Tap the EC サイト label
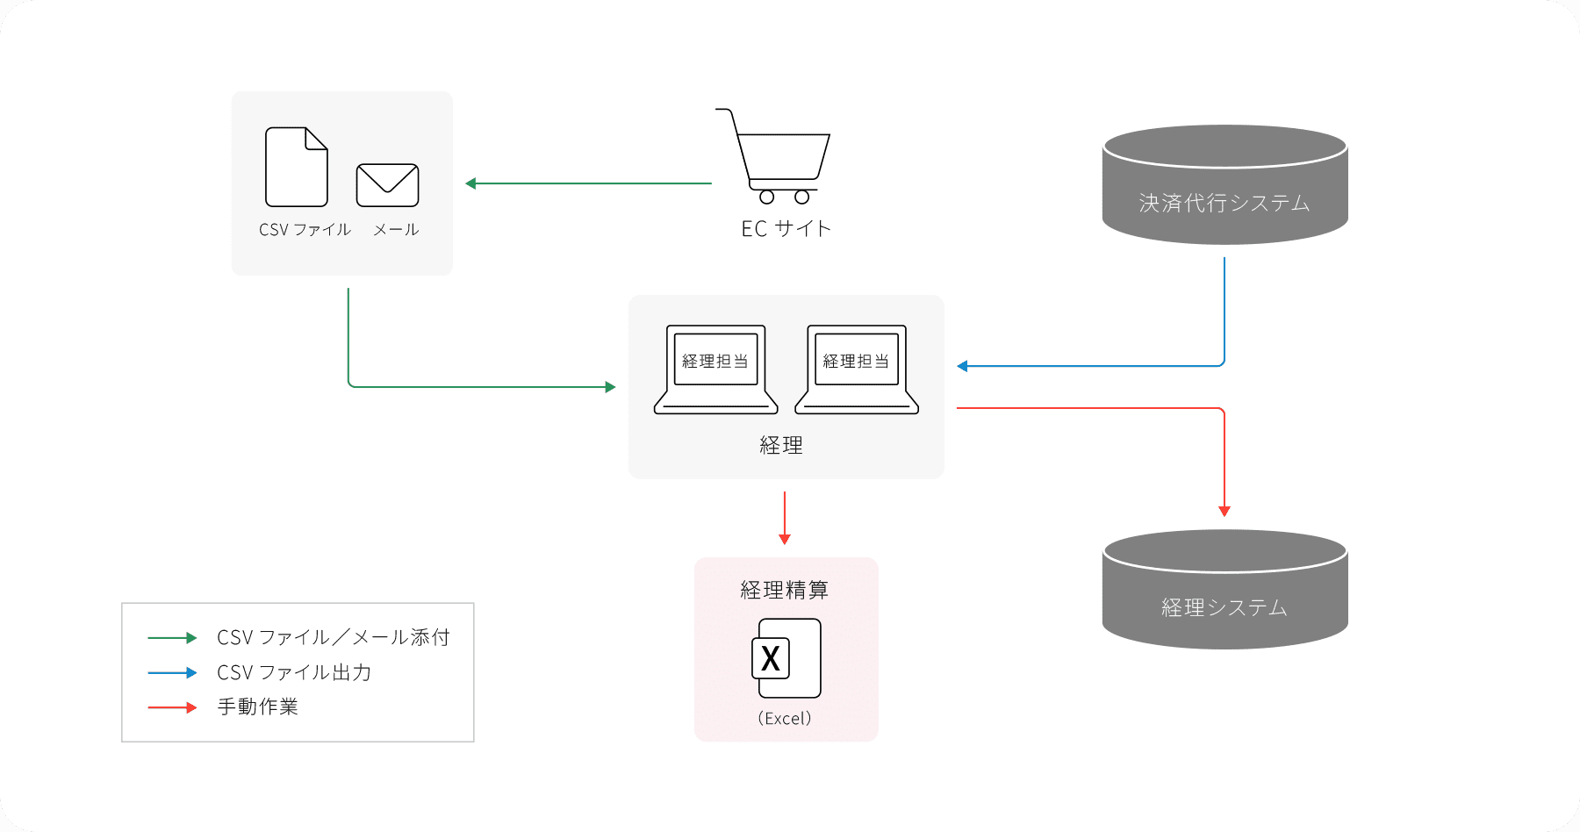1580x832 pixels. tap(786, 229)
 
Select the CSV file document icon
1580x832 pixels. tap(297, 167)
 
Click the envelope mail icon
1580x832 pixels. tap(387, 185)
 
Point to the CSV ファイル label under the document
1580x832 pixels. tap(305, 230)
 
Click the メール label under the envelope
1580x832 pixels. tap(396, 230)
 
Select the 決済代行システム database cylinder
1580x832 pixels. tap(1224, 185)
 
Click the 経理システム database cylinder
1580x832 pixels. tap(1224, 590)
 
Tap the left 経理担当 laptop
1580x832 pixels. tap(715, 369)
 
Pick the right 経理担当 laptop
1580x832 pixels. tap(857, 369)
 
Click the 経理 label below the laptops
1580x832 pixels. tap(781, 446)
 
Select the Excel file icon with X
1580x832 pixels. tap(786, 658)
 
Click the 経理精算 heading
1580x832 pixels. tap(785, 590)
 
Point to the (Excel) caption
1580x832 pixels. tap(785, 719)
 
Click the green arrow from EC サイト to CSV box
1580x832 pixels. tap(588, 183)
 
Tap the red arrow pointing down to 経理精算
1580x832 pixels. tap(785, 518)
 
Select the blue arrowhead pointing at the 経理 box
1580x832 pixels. tap(963, 366)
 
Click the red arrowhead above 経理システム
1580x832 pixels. tap(1224, 511)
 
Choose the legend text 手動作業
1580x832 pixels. tap(258, 707)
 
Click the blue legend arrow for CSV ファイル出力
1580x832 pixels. tap(172, 673)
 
